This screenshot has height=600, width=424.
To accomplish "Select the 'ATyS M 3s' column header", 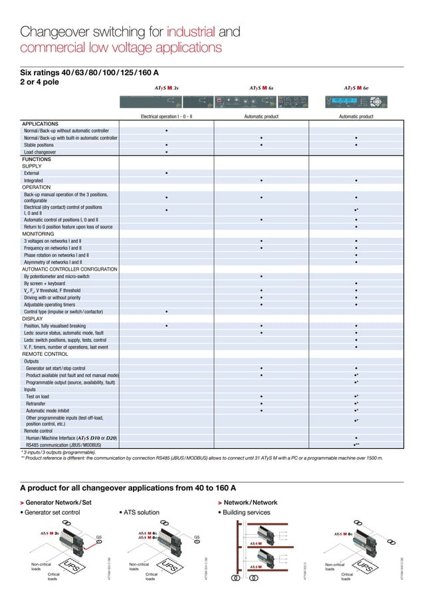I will [165, 87].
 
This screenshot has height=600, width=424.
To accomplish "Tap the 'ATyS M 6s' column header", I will [261, 87].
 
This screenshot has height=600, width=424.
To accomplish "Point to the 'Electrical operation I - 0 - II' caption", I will [166, 116].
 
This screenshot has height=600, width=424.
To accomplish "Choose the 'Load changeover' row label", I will [44, 152].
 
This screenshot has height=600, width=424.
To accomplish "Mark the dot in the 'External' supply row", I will [166, 173].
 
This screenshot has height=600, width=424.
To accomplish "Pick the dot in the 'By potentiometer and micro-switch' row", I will [261, 275].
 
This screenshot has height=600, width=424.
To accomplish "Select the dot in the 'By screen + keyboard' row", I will [357, 283].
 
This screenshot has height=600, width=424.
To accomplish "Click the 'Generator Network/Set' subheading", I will [58, 503].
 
